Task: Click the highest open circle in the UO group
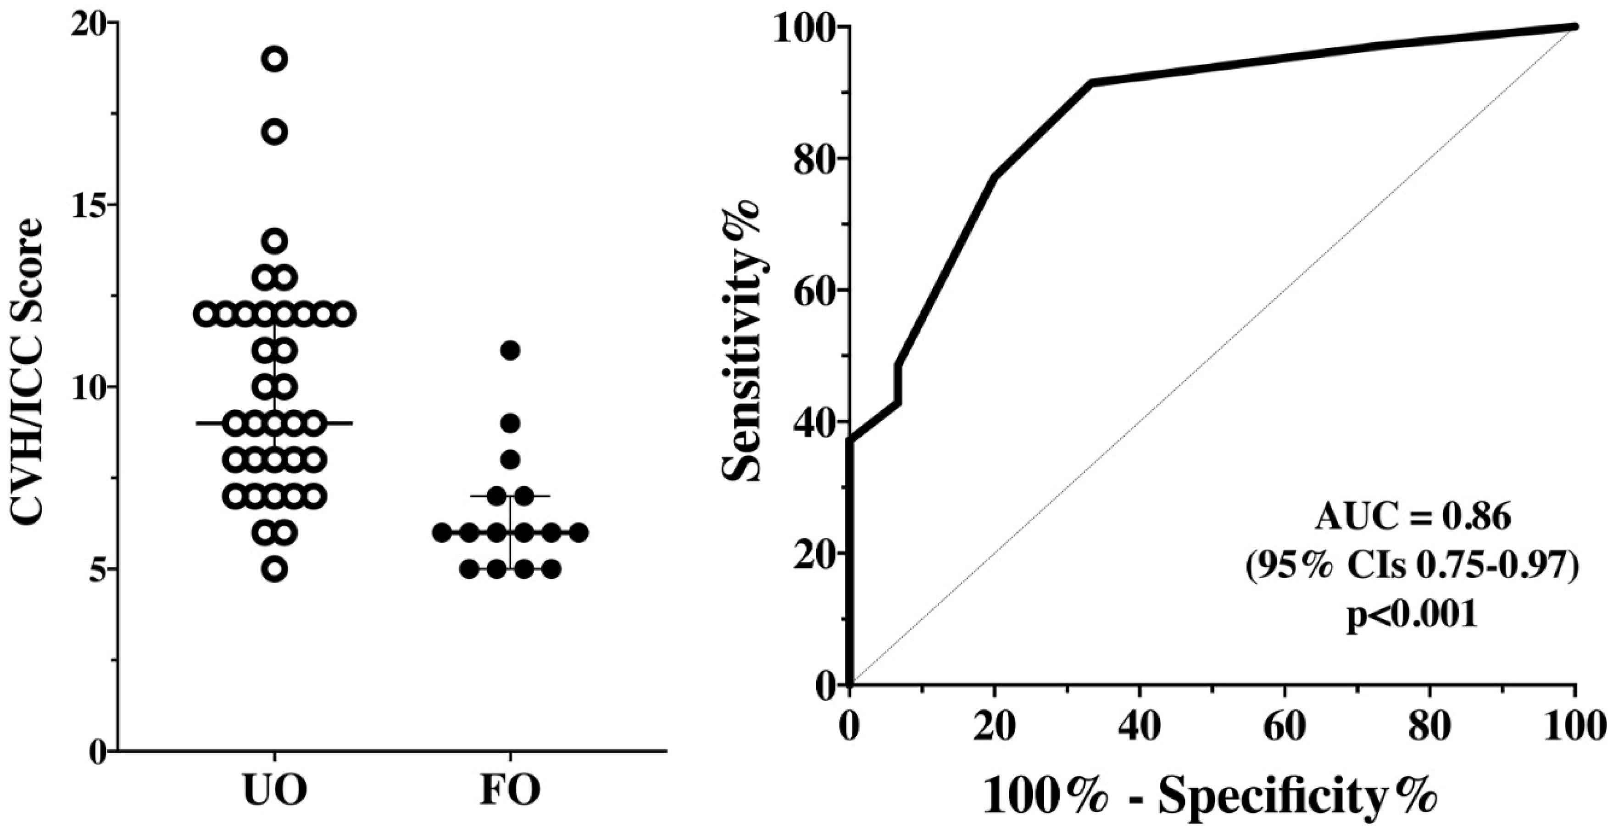tap(276, 60)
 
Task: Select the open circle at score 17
tap(276, 132)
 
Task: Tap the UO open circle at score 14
tap(276, 240)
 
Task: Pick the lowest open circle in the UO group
tap(276, 569)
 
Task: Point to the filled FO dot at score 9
tap(510, 423)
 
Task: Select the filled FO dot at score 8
tap(510, 460)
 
